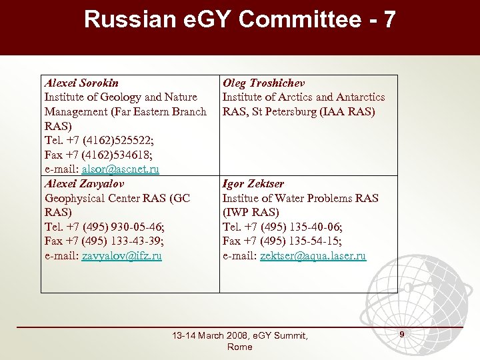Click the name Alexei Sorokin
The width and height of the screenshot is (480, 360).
pyautogui.click(x=81, y=83)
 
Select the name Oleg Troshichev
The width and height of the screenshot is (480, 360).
pyautogui.click(x=263, y=83)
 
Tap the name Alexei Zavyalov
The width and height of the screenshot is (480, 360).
pyautogui.click(x=84, y=183)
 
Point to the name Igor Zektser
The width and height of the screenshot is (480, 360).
pyautogui.click(x=253, y=183)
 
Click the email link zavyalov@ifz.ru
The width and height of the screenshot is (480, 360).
pyautogui.click(x=121, y=256)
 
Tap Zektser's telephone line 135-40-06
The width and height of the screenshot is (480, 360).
pyautogui.click(x=312, y=227)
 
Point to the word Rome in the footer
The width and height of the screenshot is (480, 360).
pyautogui.click(x=240, y=347)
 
